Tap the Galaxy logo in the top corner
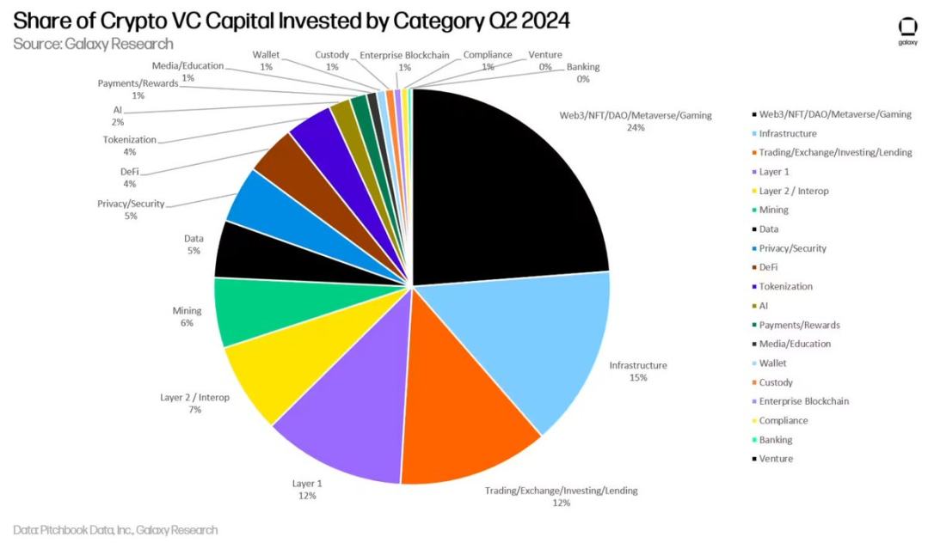907,31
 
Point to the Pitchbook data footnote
115,530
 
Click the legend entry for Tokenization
785,287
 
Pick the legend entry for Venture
776,459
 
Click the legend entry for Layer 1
774,172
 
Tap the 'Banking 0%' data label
583,73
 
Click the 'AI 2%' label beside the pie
117,116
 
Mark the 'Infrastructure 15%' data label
638,371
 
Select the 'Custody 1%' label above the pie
332,61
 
